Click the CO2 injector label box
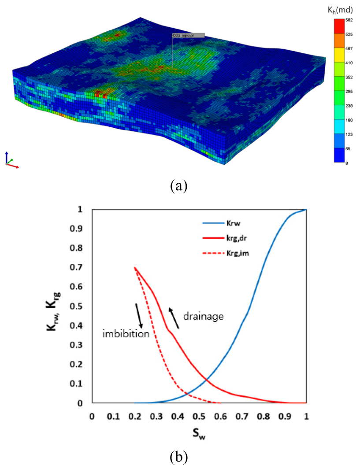coord(188,35)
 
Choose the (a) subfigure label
coord(180,185)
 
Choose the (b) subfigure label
coord(180,458)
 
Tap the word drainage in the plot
coord(204,316)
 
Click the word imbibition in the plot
coord(126,334)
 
